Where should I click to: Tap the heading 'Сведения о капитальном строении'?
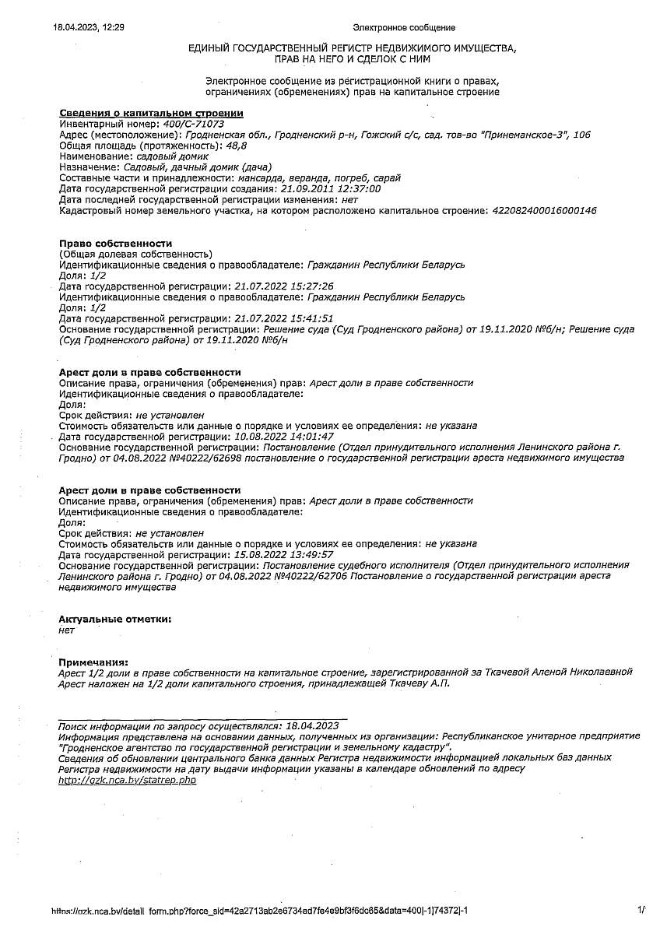pyautogui.click(x=151, y=113)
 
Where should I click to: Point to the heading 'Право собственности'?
pyautogui.click(x=115, y=244)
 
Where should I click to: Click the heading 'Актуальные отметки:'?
pyautogui.click(x=114, y=619)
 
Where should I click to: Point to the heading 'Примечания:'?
pyautogui.click(x=93, y=661)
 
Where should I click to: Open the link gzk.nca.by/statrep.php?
pyautogui.click(x=128, y=780)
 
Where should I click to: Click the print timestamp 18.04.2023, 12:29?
pyautogui.click(x=89, y=27)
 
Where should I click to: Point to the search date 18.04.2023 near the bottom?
pyautogui.click(x=312, y=725)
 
